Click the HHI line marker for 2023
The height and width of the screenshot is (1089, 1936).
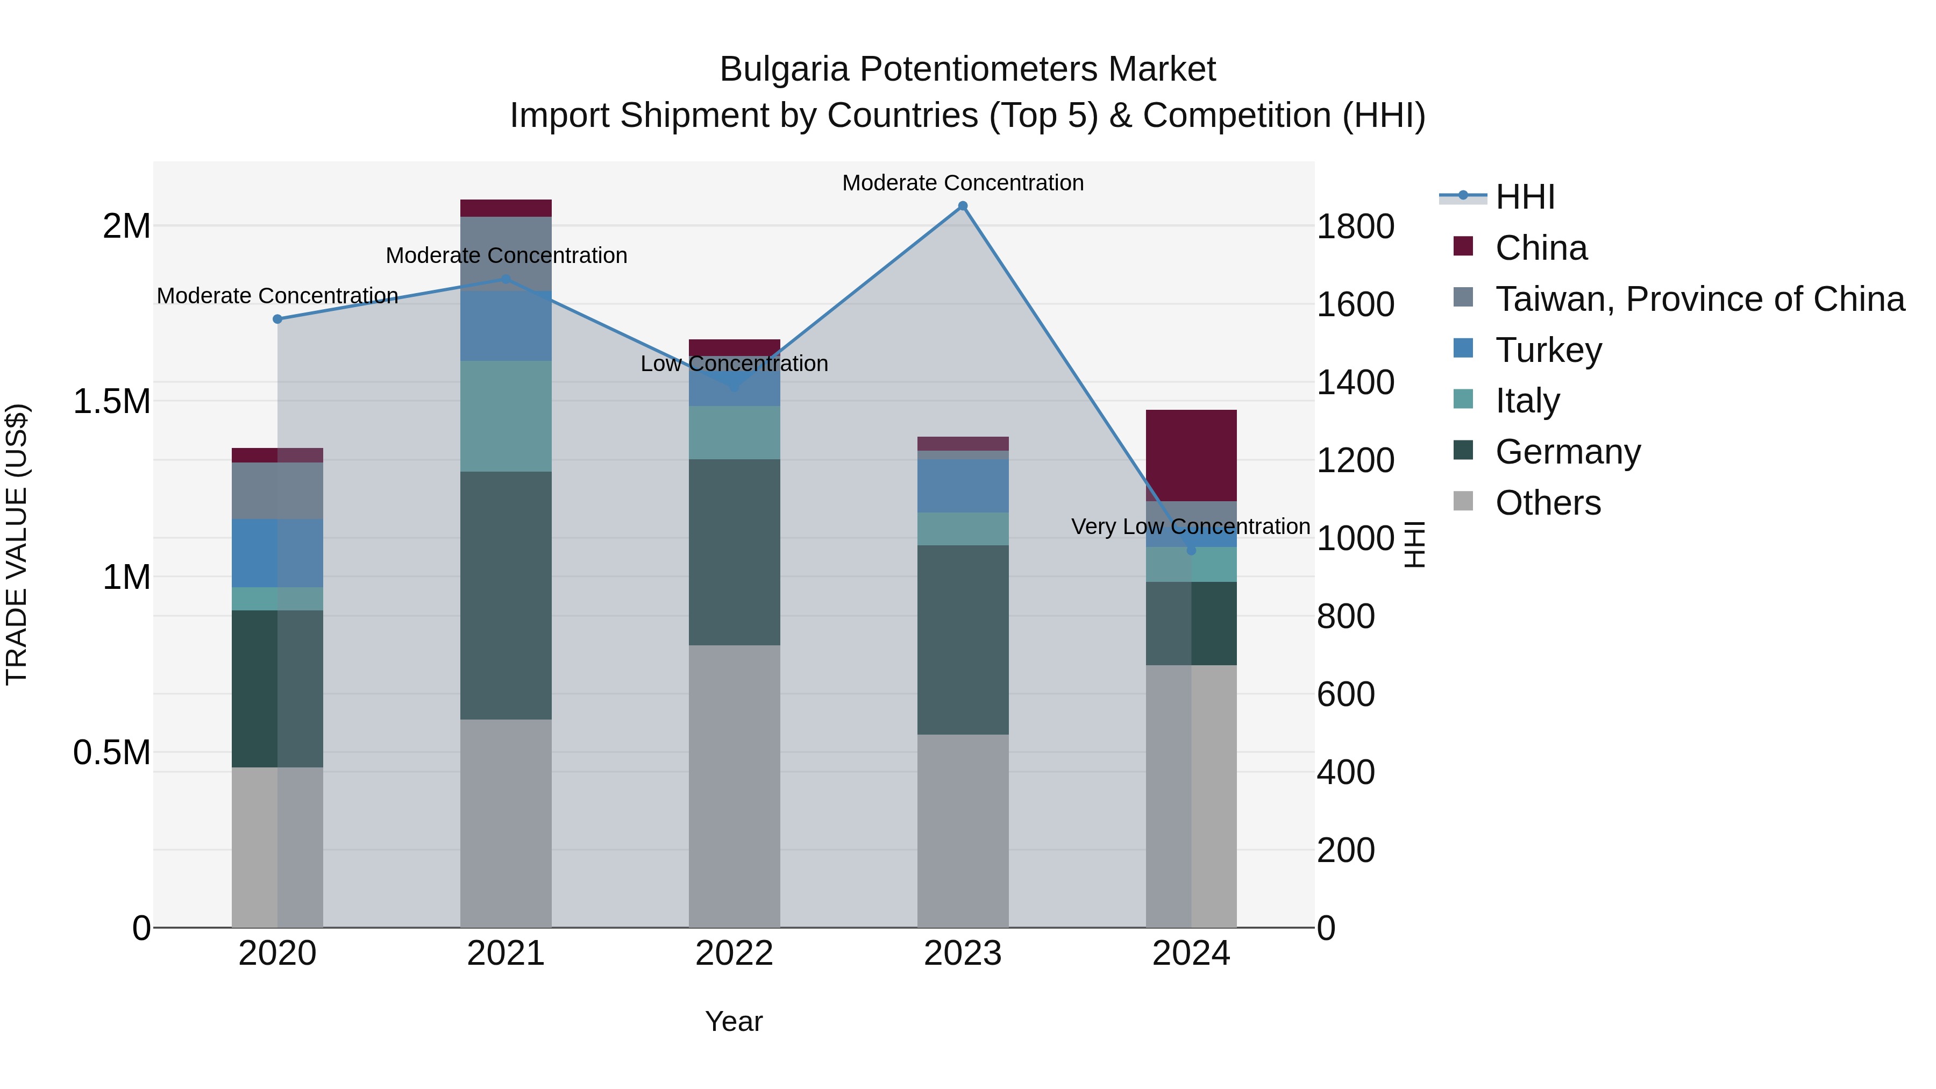[963, 206]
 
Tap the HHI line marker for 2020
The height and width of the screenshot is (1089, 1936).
[277, 319]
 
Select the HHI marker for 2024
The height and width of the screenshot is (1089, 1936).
[1191, 550]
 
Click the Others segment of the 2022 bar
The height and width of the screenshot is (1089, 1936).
[734, 785]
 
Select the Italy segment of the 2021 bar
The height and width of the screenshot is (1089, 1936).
[506, 416]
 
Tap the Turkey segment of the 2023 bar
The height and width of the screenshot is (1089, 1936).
[963, 486]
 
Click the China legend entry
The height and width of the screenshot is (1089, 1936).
[1541, 247]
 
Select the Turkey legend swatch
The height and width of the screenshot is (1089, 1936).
[1463, 348]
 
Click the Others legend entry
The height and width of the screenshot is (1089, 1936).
[1548, 502]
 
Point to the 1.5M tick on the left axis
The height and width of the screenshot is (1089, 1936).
[112, 401]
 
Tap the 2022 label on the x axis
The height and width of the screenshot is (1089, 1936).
[734, 953]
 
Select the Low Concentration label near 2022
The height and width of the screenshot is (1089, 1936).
[734, 363]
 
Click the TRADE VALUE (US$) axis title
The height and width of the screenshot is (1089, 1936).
[17, 544]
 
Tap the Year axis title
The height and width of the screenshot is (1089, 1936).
[734, 1021]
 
